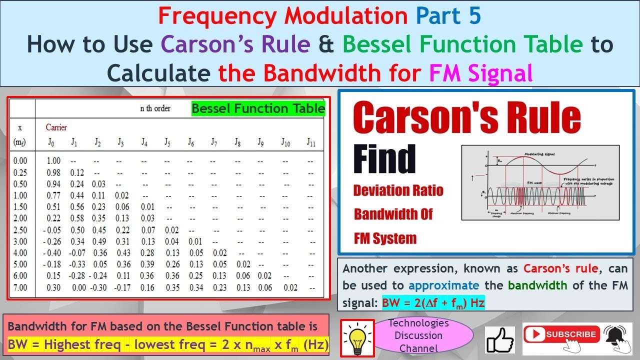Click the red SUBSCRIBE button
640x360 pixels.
click(561, 334)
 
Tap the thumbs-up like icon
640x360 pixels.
click(500, 339)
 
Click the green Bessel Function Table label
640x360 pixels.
click(258, 109)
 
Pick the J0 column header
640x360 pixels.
click(50, 142)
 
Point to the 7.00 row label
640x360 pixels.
click(21, 287)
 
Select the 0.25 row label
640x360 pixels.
click(21, 172)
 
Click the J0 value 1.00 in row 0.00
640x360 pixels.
click(53, 161)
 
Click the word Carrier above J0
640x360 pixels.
click(56, 127)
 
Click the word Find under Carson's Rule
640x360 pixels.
click(384, 159)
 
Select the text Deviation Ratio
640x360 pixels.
click(398, 190)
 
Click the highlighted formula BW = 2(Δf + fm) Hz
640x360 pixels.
click(433, 303)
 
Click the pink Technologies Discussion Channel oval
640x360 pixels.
click(418, 335)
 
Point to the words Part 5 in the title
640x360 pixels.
click(448, 16)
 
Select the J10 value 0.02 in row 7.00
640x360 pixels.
click(290, 287)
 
